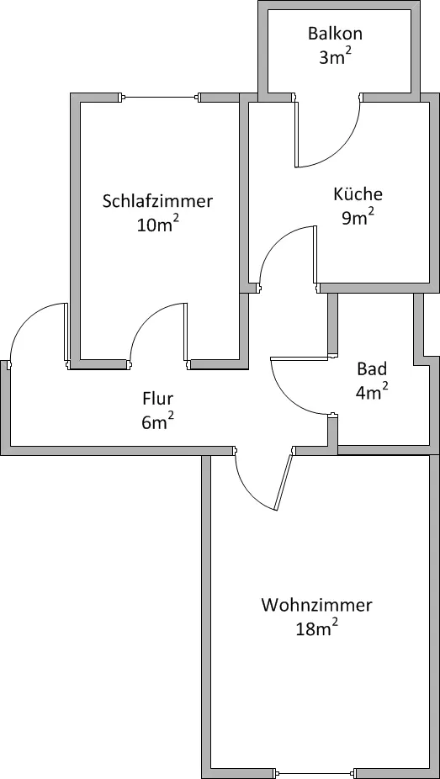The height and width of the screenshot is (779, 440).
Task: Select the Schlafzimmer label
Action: pos(157,202)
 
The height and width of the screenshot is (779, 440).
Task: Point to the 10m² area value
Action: pos(158,225)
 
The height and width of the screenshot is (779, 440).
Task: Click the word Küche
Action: pos(358,193)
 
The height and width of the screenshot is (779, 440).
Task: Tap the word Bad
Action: pos(372,369)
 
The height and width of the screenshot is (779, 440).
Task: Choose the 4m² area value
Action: pos(372,393)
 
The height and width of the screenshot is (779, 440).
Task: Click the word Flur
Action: pos(157,399)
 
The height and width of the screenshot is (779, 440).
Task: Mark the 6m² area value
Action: pos(157,421)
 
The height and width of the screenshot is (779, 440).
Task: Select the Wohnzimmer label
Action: pos(317,606)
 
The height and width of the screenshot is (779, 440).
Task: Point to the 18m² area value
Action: pos(317,628)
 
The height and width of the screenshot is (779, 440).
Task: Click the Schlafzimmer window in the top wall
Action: pos(161,98)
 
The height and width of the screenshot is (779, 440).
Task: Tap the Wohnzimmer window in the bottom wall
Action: pos(314,773)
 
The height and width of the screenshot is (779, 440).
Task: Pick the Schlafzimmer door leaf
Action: pos(185,331)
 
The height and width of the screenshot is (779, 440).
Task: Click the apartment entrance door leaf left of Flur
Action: pos(66,331)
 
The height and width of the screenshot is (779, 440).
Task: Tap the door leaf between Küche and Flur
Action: pos(315,255)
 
